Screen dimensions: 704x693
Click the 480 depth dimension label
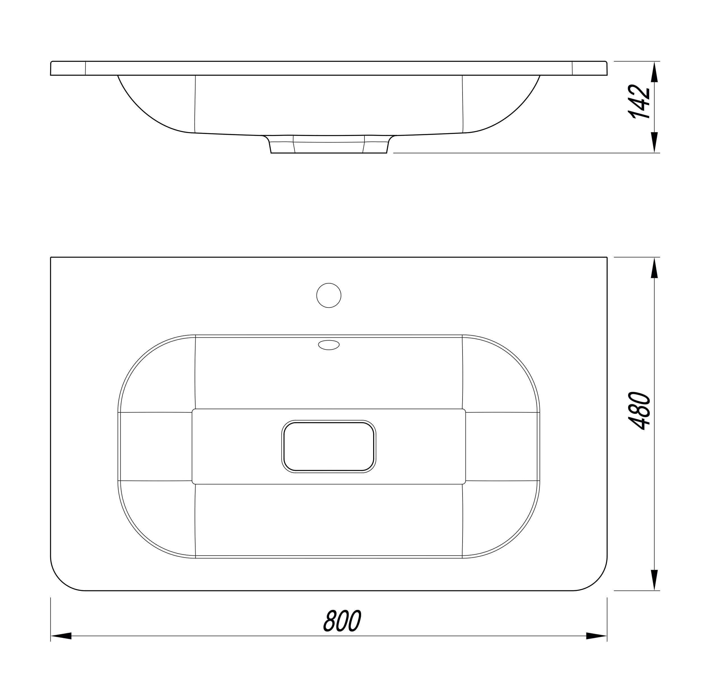[x=640, y=411]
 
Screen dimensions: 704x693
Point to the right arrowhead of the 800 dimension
[x=596, y=646]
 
